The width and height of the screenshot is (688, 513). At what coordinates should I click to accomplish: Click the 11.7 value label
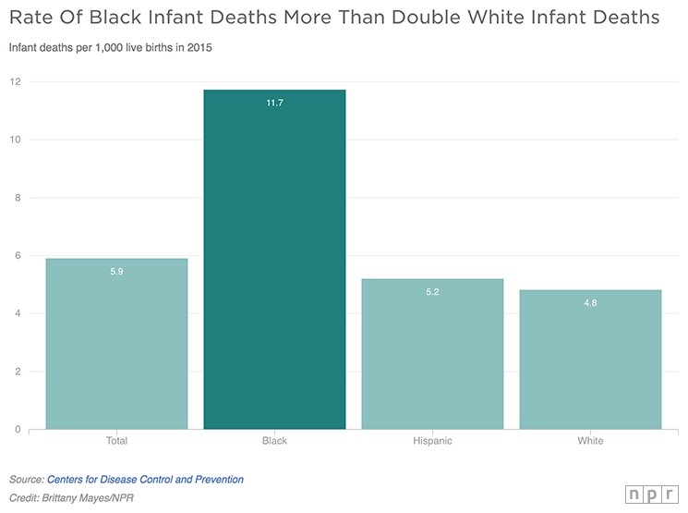(x=274, y=103)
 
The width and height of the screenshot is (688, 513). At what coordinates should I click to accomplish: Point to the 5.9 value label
(x=116, y=272)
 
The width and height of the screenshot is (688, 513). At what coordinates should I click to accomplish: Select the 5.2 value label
(x=432, y=292)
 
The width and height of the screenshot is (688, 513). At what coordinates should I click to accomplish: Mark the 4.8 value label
(x=590, y=303)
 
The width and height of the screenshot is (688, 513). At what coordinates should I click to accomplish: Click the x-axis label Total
(x=116, y=441)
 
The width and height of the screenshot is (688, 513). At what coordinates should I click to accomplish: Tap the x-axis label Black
(x=274, y=441)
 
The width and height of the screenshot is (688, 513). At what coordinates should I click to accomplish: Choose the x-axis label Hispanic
(x=432, y=441)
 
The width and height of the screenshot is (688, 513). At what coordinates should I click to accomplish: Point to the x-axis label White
(x=590, y=441)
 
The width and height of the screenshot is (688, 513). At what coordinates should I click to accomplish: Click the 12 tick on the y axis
(x=15, y=81)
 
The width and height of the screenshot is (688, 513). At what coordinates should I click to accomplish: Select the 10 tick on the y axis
(x=15, y=140)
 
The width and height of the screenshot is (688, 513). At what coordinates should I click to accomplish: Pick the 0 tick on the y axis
(x=17, y=430)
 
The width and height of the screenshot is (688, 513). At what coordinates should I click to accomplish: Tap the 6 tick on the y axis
(x=17, y=256)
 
